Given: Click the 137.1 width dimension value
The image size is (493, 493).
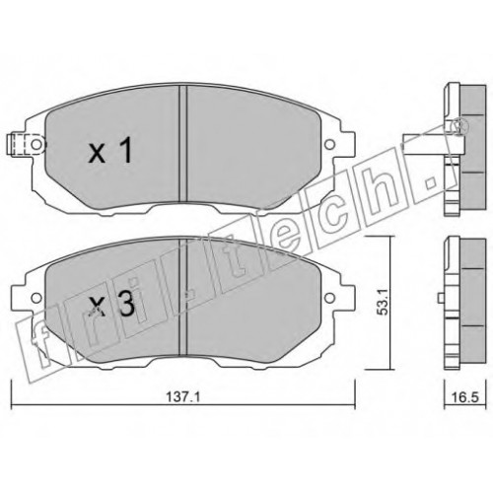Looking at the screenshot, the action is pyautogui.click(x=182, y=397).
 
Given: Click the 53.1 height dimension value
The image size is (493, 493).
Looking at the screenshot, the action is pyautogui.click(x=384, y=302).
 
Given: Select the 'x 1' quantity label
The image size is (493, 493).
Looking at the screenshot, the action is pyautogui.click(x=110, y=150).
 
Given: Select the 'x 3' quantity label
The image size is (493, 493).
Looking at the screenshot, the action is pyautogui.click(x=112, y=304).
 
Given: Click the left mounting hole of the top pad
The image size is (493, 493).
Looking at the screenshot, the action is pyautogui.click(x=36, y=144).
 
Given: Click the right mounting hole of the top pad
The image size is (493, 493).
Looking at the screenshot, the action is pyautogui.click(x=329, y=144).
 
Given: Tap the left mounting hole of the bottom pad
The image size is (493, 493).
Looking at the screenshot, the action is pyautogui.click(x=36, y=298).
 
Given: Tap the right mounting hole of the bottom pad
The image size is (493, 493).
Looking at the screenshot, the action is pyautogui.click(x=329, y=298).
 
